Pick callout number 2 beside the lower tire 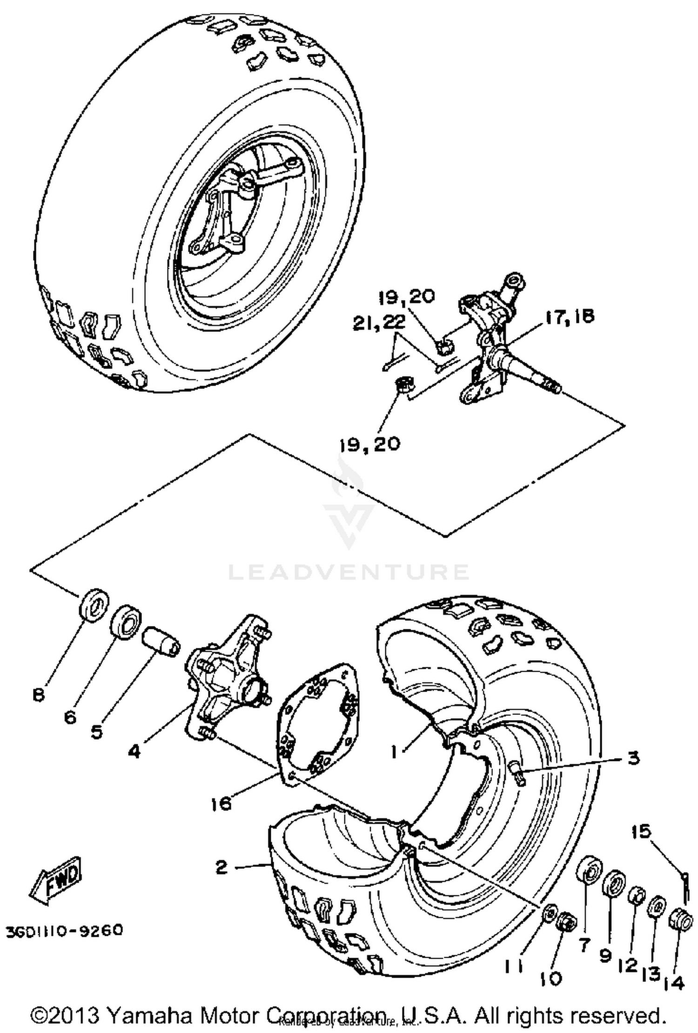coord(222,867)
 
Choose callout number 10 coord(552,966)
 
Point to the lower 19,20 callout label coord(370,444)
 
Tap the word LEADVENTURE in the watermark coord(349,572)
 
